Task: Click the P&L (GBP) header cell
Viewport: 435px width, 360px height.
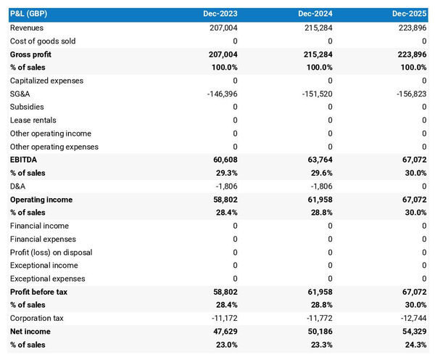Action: point(29,14)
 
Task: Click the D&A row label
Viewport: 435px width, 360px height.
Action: point(18,186)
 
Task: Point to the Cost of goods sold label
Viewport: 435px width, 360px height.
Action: point(42,41)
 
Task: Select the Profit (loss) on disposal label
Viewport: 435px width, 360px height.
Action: point(51,252)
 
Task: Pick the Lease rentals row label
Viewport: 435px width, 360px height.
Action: point(33,120)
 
